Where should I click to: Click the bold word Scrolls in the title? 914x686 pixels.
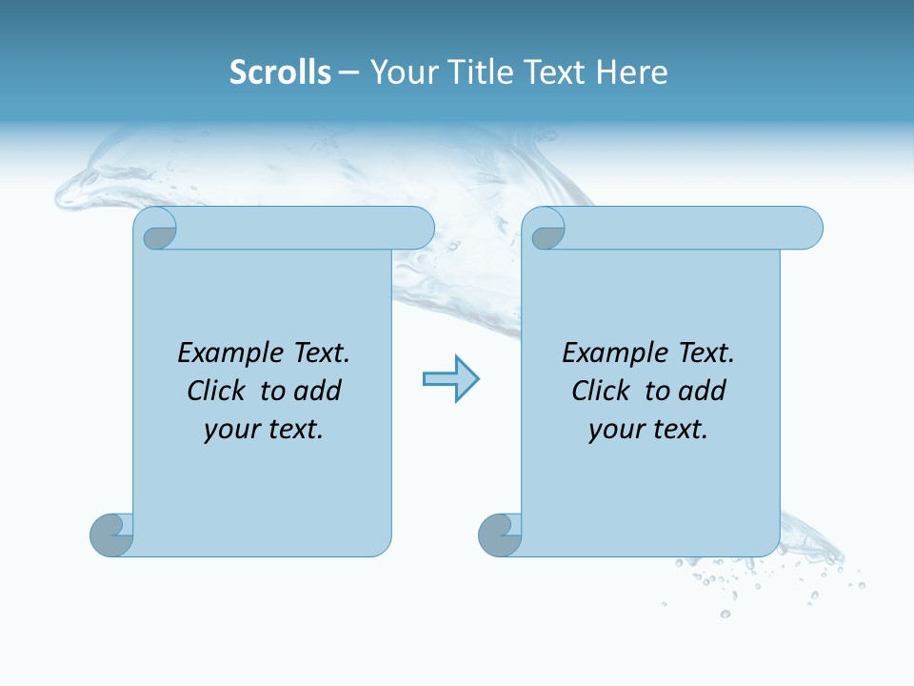tap(280, 72)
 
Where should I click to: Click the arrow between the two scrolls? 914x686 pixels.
tap(450, 379)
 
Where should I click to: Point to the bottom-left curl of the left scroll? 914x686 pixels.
tap(110, 535)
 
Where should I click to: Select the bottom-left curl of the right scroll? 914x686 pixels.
tap(499, 535)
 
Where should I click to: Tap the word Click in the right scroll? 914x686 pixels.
tap(601, 392)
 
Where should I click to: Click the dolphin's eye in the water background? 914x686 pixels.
tap(91, 178)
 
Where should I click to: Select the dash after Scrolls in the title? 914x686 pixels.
tap(349, 72)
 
